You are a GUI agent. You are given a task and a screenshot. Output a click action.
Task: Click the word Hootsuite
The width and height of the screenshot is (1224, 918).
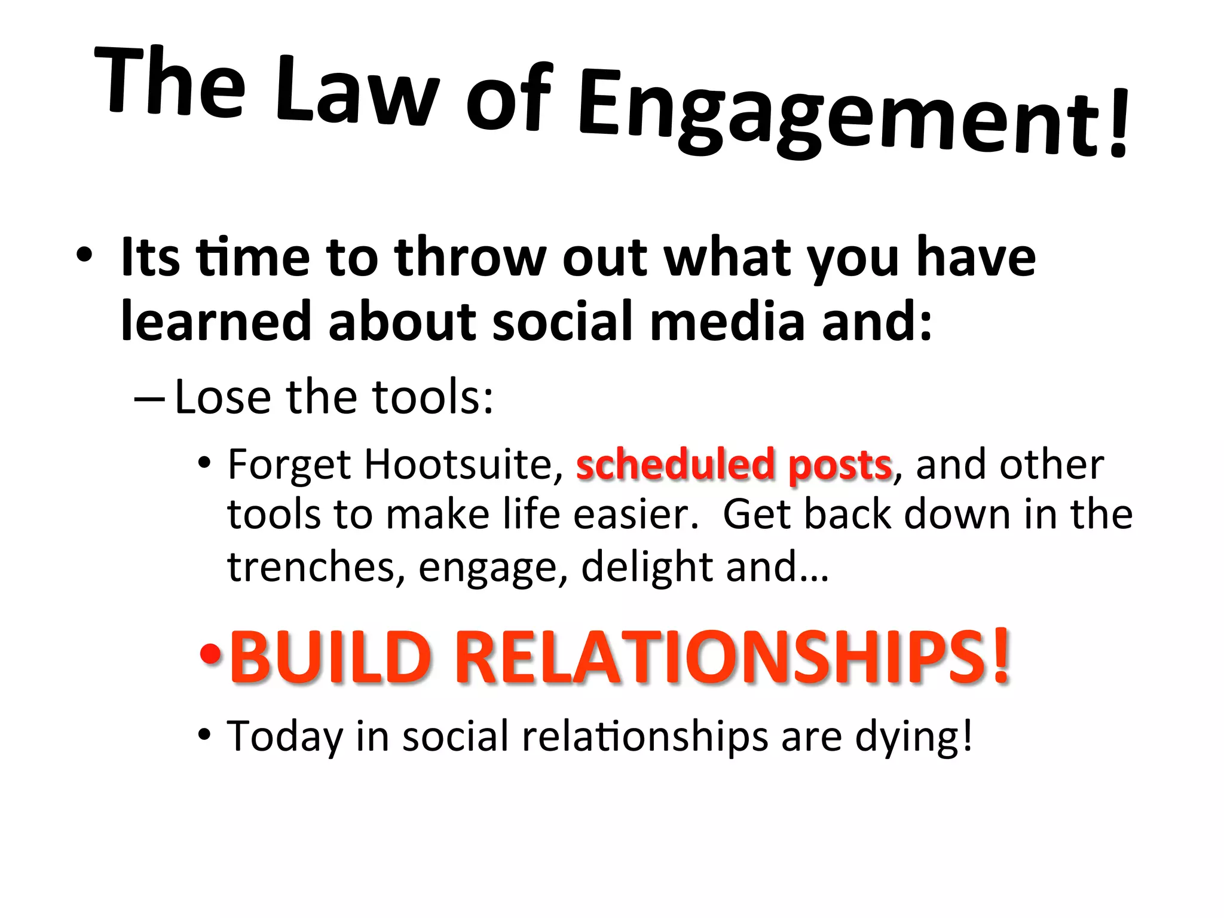point(458,464)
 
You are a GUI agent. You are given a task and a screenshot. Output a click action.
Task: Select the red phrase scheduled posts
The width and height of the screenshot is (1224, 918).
point(733,465)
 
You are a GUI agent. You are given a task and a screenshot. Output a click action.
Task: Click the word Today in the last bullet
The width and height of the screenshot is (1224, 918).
point(285,736)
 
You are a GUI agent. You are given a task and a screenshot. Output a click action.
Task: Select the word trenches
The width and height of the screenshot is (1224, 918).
point(311,567)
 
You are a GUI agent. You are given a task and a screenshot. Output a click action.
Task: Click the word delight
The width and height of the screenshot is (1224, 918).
point(646,567)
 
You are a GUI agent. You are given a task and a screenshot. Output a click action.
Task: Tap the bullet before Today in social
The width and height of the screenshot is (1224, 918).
point(205,735)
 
